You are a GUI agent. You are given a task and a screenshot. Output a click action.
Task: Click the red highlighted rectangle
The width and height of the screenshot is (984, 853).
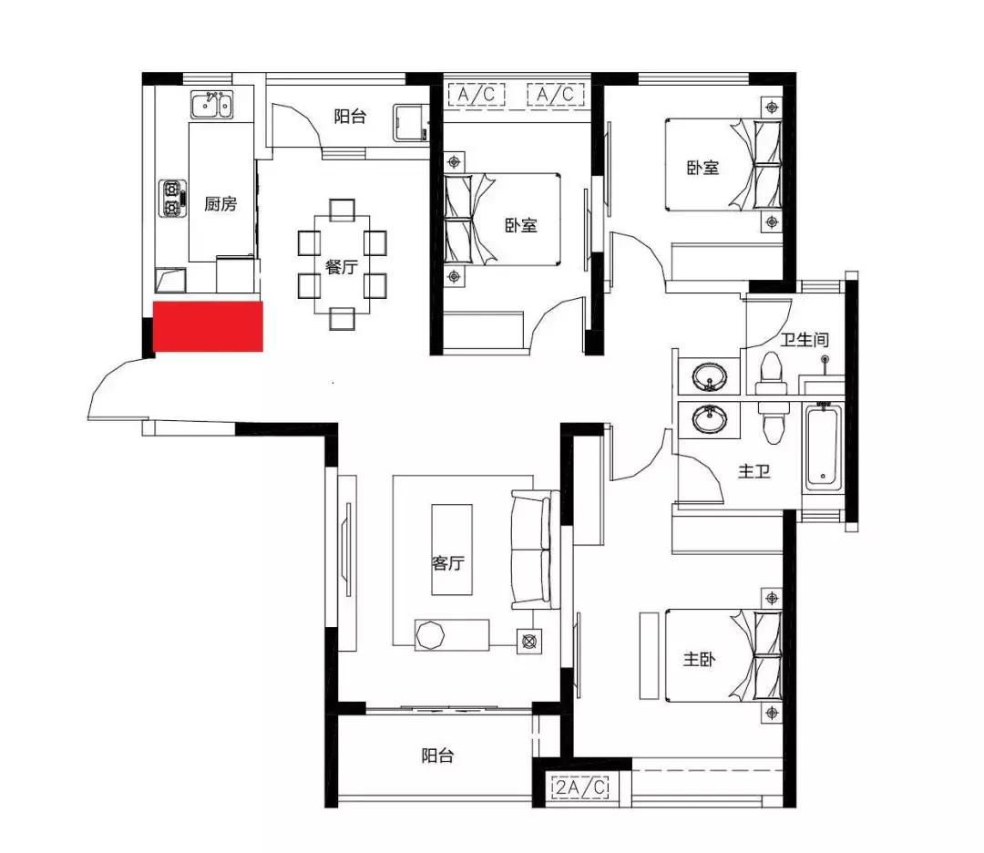pyautogui.click(x=208, y=325)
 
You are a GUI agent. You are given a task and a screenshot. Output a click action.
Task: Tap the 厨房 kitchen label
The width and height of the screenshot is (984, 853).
pyautogui.click(x=220, y=204)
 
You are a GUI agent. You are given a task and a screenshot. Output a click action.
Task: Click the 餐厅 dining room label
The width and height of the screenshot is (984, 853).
pyautogui.click(x=341, y=267)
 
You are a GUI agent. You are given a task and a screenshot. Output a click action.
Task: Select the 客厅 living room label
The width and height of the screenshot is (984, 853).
pyautogui.click(x=448, y=563)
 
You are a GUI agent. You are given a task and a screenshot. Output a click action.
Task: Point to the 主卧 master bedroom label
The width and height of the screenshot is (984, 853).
pyautogui.click(x=699, y=659)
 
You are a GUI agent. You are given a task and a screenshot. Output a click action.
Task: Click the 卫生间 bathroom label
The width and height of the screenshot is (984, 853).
pyautogui.click(x=805, y=340)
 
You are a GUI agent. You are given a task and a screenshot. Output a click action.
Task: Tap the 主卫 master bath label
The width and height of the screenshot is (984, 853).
pyautogui.click(x=753, y=471)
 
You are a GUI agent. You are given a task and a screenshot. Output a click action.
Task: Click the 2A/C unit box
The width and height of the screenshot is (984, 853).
pyautogui.click(x=581, y=786)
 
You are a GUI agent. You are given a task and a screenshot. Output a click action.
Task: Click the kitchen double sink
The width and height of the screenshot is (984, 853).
pyautogui.click(x=211, y=105)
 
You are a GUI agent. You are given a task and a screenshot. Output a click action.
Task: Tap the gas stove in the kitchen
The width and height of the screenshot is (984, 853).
pyautogui.click(x=172, y=199)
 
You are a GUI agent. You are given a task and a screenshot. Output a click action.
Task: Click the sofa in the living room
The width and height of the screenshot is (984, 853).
pyautogui.click(x=536, y=550)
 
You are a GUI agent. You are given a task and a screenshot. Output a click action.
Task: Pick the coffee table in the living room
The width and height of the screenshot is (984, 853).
pyautogui.click(x=451, y=550)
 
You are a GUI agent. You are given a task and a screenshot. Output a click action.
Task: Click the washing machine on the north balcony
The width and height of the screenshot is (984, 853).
pyautogui.click(x=410, y=122)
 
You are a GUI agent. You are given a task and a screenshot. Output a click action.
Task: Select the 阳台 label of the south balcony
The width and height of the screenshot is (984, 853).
pyautogui.click(x=437, y=755)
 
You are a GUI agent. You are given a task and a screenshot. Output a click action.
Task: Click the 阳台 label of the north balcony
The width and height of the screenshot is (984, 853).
pyautogui.click(x=350, y=116)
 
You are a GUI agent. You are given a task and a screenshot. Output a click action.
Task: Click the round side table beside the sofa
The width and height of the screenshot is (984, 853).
pyautogui.click(x=529, y=642)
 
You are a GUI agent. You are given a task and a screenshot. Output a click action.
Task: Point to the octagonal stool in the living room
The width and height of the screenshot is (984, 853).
pyautogui.click(x=430, y=635)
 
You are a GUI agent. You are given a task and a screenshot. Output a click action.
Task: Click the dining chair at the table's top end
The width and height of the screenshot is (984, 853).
pyautogui.click(x=342, y=210)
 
